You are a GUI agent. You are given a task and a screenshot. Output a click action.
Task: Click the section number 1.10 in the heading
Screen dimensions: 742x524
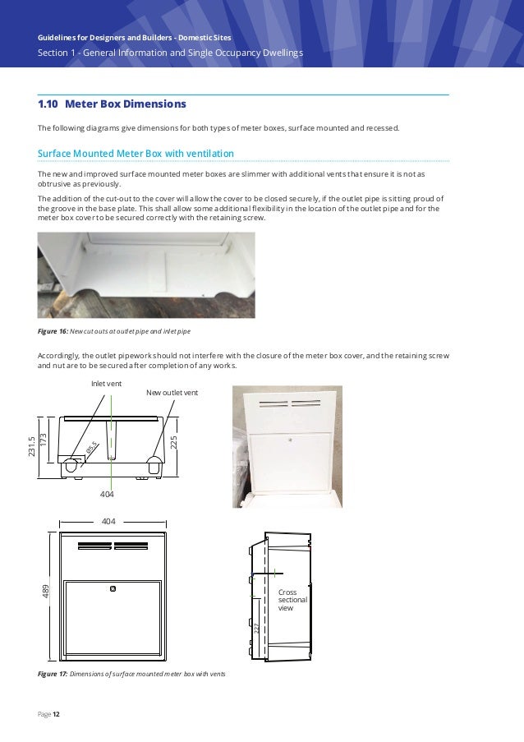[48, 104]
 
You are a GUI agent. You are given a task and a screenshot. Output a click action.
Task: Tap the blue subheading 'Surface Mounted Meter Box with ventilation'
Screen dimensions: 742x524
[136, 154]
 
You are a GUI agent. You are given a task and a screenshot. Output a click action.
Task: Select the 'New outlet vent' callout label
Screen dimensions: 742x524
[172, 394]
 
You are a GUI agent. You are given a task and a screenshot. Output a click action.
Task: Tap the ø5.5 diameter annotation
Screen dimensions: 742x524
[91, 449]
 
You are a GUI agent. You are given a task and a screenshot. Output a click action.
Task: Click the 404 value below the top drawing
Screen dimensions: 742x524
[107, 495]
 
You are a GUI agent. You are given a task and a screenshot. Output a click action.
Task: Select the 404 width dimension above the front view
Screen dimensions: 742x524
[108, 521]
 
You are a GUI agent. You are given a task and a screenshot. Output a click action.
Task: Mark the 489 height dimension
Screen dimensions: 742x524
[46, 591]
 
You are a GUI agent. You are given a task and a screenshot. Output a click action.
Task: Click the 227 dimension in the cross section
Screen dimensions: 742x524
[256, 629]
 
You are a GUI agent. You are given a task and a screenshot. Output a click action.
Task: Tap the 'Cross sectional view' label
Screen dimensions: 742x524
[292, 600]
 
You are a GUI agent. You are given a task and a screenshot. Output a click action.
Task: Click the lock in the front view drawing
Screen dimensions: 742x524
[113, 588]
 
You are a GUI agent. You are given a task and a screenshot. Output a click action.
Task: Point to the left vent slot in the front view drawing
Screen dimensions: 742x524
[94, 546]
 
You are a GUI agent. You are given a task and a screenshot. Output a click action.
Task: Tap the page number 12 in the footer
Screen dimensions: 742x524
[56, 714]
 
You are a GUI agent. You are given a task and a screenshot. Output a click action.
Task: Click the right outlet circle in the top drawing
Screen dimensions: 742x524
[153, 464]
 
